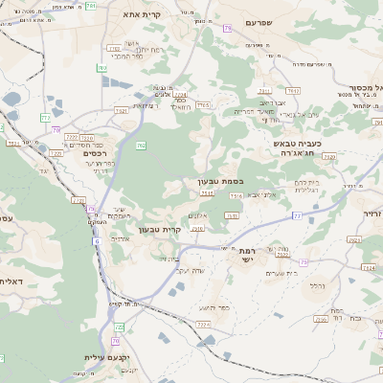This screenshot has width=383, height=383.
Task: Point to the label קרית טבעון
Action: point(160,229)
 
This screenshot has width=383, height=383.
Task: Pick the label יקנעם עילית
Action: point(104,358)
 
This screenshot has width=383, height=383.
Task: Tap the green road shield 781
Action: point(91,6)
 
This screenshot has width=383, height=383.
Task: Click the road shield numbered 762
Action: point(140,146)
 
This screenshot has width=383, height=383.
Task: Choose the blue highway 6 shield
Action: point(96,240)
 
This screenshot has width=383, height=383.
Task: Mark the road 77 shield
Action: point(296,217)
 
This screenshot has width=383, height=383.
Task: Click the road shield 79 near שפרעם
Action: point(227,30)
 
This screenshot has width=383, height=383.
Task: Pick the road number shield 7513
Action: point(207,194)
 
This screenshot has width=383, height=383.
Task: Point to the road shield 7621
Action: point(294,91)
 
